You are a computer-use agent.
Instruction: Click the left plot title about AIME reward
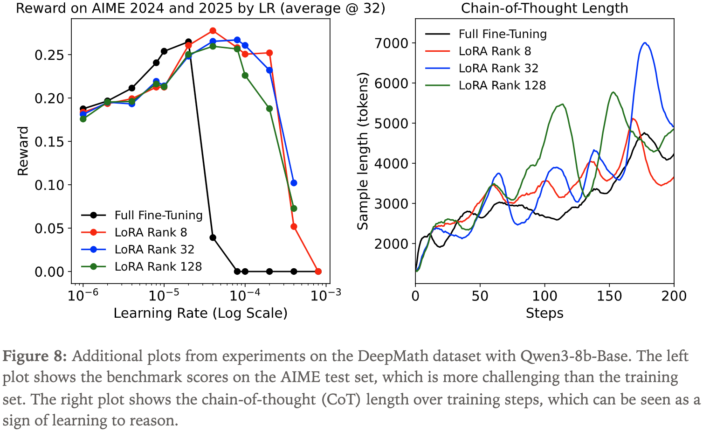coord(200,8)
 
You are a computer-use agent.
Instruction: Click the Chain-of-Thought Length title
coord(544,8)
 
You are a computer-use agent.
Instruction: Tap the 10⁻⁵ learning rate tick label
coord(164,296)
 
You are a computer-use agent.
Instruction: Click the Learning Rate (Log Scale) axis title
coord(200,313)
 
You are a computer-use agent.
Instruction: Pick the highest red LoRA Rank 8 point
coord(213,31)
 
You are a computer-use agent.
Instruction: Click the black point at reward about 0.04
coord(213,237)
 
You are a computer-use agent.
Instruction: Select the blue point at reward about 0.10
coord(294,183)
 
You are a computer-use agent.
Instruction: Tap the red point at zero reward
coord(318,272)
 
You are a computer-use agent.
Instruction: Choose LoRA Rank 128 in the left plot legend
coord(158,266)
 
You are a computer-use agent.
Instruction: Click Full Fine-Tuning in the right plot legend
coord(502,34)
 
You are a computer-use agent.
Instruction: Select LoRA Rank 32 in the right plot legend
coord(498,68)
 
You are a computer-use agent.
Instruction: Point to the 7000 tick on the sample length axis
coord(391,43)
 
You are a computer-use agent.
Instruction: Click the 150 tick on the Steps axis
coord(609,296)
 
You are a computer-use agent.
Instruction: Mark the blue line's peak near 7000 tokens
coord(645,43)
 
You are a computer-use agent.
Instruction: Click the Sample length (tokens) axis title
coord(363,151)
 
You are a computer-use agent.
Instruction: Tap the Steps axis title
coord(544,313)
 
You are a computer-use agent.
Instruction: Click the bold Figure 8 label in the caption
coord(34,356)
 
